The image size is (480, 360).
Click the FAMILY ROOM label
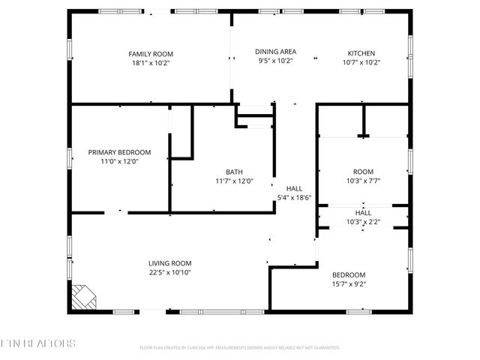pos(151,53)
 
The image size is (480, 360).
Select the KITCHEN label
pos(361,53)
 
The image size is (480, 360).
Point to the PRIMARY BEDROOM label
pos(119,152)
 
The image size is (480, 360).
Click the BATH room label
pos(234,172)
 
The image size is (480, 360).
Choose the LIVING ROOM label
pos(169,263)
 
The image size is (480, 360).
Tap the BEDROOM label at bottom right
pos(349,274)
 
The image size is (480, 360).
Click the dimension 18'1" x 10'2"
pos(151,62)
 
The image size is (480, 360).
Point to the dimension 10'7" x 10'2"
pos(361,62)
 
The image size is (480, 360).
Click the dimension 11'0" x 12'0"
pos(119,161)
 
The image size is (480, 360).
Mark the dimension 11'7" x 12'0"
pos(234,181)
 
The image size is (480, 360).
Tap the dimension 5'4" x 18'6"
pos(294,198)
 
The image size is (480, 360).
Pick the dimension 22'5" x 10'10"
pos(169,272)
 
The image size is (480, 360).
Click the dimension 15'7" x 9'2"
pos(349,283)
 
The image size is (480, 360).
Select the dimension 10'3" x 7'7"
pos(363,181)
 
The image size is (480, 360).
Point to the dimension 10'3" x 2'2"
pos(363,221)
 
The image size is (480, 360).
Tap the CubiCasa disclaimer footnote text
pos(240,348)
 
